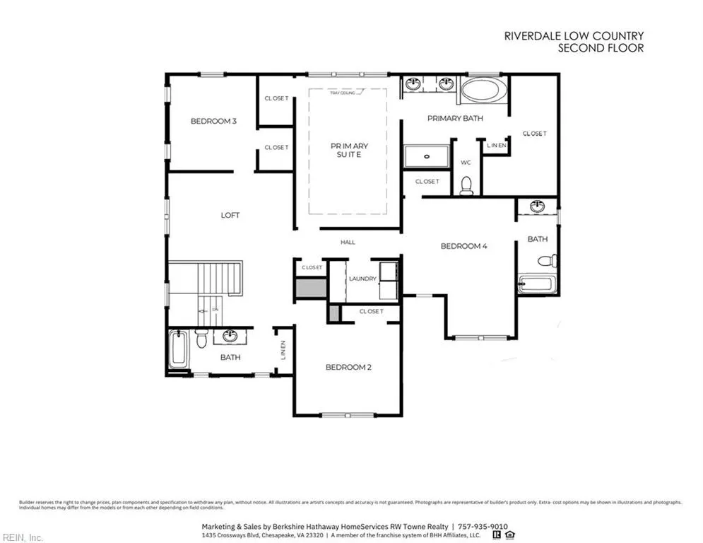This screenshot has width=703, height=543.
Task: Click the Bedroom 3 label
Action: click(x=213, y=122)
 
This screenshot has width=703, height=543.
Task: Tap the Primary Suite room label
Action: click(x=349, y=150)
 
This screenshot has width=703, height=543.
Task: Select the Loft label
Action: click(x=230, y=215)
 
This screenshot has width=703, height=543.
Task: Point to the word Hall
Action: click(x=348, y=243)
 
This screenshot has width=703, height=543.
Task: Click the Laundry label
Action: click(x=362, y=279)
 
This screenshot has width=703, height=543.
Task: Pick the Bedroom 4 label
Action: click(x=464, y=246)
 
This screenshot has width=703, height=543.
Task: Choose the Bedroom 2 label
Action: click(x=348, y=367)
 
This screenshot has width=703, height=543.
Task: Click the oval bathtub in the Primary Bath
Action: click(x=483, y=91)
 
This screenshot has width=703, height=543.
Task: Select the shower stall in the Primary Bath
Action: click(x=426, y=156)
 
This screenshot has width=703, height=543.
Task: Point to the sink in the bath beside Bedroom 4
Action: click(x=538, y=206)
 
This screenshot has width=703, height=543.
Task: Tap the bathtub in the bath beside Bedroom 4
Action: click(x=538, y=285)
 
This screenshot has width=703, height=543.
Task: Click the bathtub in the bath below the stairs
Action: click(x=178, y=349)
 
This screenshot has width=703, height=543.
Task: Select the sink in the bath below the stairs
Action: click(x=230, y=336)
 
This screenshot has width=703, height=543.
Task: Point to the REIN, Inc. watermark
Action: click(x=22, y=538)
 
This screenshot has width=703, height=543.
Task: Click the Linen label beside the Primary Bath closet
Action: click(x=497, y=146)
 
